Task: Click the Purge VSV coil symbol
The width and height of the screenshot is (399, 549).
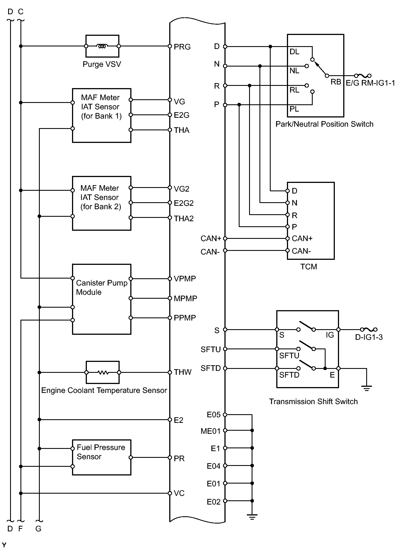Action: (x=102, y=46)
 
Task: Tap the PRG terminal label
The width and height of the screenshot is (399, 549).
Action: (x=182, y=47)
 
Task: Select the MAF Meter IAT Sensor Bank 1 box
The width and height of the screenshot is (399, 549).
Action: (x=101, y=116)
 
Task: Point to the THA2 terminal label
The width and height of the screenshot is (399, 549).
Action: (x=184, y=218)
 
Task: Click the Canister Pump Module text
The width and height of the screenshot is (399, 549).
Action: (x=101, y=288)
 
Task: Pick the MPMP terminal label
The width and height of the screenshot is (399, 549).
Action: (x=185, y=298)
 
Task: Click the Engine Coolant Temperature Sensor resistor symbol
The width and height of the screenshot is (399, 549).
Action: (x=103, y=372)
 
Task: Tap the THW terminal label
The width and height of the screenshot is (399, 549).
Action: (x=182, y=372)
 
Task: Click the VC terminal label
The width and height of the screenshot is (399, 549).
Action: (x=179, y=493)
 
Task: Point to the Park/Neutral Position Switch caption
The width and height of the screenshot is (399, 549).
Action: (x=324, y=124)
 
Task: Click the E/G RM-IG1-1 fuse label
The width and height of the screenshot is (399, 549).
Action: (x=370, y=83)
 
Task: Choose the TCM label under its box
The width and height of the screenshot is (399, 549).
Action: (x=308, y=267)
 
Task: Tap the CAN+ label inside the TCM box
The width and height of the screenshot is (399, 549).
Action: (x=302, y=238)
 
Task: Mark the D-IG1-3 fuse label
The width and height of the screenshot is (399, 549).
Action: (x=369, y=337)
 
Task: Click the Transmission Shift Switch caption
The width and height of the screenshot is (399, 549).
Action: (x=313, y=401)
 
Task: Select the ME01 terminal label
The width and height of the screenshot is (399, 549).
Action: (x=210, y=431)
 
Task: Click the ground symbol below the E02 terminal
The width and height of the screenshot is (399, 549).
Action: (x=252, y=517)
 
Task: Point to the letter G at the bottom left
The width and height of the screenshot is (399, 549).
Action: (x=38, y=529)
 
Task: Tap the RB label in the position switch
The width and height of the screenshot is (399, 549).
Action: (x=336, y=82)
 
